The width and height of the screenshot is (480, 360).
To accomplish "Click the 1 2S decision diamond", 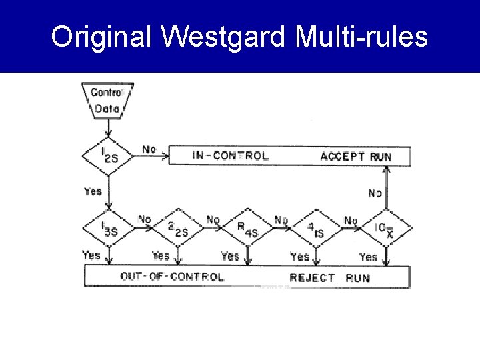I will pyautogui.click(x=107, y=157).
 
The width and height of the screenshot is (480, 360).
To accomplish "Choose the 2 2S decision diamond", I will pyautogui.click(x=177, y=229).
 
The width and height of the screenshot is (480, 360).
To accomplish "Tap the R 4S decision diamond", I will pyautogui.click(x=247, y=229).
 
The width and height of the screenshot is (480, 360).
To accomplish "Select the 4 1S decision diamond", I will pyautogui.click(x=316, y=229).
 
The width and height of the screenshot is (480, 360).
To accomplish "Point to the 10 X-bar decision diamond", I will pyautogui.click(x=385, y=229).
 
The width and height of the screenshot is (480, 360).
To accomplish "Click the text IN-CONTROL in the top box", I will pyautogui.click(x=230, y=156).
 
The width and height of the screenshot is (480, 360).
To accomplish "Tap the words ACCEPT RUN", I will pyautogui.click(x=355, y=157).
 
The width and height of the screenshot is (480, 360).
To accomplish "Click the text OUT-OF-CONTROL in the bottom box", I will pyautogui.click(x=172, y=276).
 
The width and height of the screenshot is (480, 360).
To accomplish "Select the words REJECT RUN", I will pyautogui.click(x=329, y=277).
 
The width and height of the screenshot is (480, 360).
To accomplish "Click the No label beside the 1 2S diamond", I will pyautogui.click(x=149, y=149).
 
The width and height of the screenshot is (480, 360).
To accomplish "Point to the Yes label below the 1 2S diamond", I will pyautogui.click(x=93, y=191).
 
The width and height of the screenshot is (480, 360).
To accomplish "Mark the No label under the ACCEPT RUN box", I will pyautogui.click(x=375, y=193).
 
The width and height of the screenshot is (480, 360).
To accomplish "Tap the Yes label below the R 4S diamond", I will pyautogui.click(x=230, y=256).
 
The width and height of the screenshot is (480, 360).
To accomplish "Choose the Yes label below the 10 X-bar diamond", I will pyautogui.click(x=368, y=257).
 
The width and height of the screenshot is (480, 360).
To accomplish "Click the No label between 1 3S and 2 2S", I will pyautogui.click(x=144, y=219).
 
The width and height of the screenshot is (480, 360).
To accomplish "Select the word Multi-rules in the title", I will pyautogui.click(x=363, y=37).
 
